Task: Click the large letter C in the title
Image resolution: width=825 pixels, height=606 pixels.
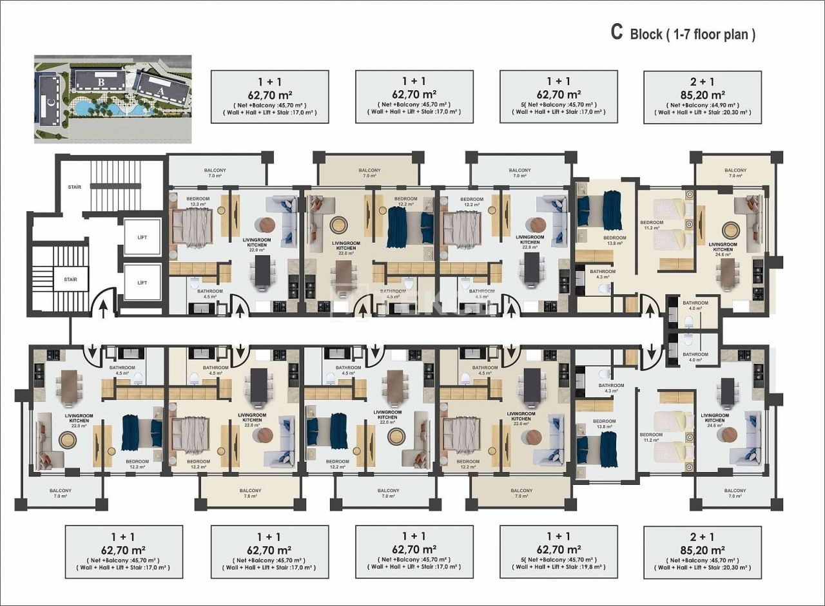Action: (616, 33)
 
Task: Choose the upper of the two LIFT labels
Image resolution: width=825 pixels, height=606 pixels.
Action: (142, 238)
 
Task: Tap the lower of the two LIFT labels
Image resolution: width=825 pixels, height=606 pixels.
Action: (142, 283)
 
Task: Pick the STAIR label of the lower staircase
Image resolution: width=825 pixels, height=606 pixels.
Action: (70, 279)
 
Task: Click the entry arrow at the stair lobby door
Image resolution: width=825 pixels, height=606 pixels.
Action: (101, 310)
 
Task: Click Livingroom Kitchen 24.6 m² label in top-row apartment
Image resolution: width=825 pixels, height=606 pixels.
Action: (722, 249)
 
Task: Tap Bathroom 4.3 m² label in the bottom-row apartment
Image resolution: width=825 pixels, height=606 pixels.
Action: (611, 388)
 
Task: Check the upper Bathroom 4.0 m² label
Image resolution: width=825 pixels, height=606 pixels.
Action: (695, 305)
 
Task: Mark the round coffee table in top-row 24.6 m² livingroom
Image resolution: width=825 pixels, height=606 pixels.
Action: (730, 229)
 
